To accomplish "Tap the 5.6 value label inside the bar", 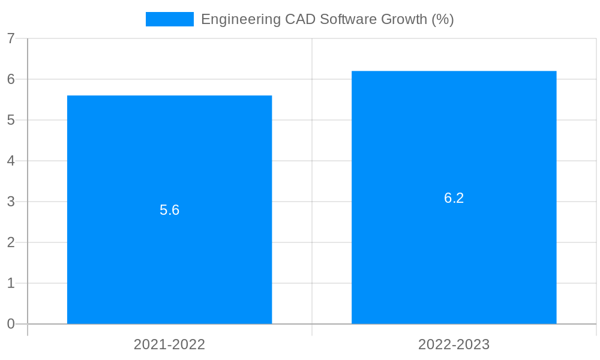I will click(x=169, y=210).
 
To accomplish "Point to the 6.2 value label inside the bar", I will click(x=454, y=198).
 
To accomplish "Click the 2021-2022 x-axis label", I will click(x=169, y=344).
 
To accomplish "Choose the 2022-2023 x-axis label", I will click(x=454, y=344).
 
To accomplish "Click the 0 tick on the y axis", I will click(x=11, y=324).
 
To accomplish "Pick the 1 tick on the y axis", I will click(x=11, y=283).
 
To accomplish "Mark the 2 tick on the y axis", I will click(x=11, y=242).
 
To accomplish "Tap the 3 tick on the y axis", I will click(x=11, y=202).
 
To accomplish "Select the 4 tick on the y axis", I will click(x=11, y=161).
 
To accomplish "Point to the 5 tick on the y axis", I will click(x=11, y=120).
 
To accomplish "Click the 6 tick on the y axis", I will click(x=11, y=79).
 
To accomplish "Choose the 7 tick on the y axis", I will click(x=11, y=39).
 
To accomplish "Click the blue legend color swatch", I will click(x=169, y=19).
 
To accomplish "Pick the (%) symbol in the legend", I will click(x=443, y=19).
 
